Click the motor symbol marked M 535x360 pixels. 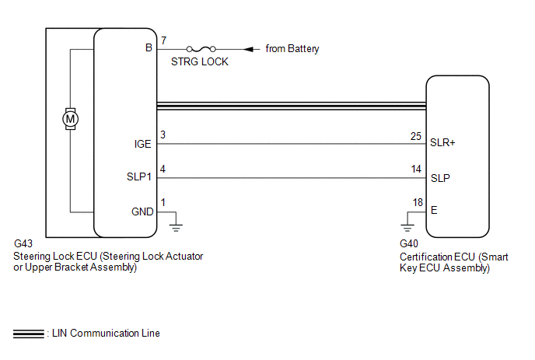tap(70, 119)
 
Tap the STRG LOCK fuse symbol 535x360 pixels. tap(201, 49)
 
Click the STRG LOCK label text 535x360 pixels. tap(200, 61)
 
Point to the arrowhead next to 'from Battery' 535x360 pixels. tap(249, 49)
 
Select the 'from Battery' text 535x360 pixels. tap(292, 49)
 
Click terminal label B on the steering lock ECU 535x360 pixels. tap(149, 47)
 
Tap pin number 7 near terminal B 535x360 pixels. tap(164, 40)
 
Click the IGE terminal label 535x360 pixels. tap(142, 144)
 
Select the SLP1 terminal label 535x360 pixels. tap(139, 177)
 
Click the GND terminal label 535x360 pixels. tap(142, 212)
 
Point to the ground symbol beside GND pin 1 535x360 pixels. tap(176, 227)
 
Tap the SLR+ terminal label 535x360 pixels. tap(442, 142)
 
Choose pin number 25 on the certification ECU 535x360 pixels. tap(416, 136)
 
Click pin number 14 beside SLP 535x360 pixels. tap(416, 169)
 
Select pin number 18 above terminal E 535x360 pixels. tap(418, 202)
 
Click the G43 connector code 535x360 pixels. tap(23, 243)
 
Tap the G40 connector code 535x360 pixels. tap(409, 243)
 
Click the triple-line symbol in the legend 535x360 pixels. tap(29, 334)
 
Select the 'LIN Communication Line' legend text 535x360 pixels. tap(106, 333)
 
